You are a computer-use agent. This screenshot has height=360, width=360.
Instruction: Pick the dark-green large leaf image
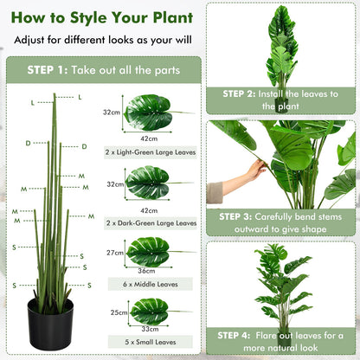(150, 183)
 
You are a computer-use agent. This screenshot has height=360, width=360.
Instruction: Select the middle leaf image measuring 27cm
(149, 252)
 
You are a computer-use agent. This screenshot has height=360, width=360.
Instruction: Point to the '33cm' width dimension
(149, 330)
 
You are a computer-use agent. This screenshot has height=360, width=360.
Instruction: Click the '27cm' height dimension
(114, 253)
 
